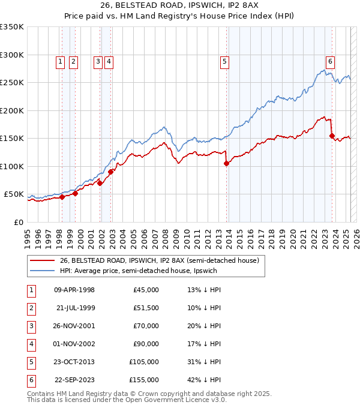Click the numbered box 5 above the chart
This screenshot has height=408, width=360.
pyautogui.click(x=224, y=61)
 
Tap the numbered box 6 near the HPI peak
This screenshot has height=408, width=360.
pyautogui.click(x=330, y=61)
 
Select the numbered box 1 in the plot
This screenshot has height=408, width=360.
pyautogui.click(x=61, y=61)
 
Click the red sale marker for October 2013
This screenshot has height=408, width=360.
pyautogui.click(x=226, y=163)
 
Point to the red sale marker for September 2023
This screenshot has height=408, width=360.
pyautogui.click(x=332, y=136)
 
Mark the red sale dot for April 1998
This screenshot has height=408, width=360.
pyautogui.click(x=62, y=197)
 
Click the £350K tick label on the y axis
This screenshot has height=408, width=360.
pyautogui.click(x=11, y=27)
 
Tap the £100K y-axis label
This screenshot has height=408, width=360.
pyautogui.click(x=11, y=166)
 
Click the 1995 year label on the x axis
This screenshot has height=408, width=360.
pyautogui.click(x=27, y=233)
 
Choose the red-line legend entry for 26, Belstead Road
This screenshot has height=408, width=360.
pyautogui.click(x=159, y=260)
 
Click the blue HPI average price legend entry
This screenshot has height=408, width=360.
pyautogui.click(x=137, y=271)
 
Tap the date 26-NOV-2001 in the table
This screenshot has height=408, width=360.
pyautogui.click(x=74, y=326)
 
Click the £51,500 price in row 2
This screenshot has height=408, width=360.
pyautogui.click(x=146, y=308)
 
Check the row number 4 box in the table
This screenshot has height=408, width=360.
pyautogui.click(x=30, y=344)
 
